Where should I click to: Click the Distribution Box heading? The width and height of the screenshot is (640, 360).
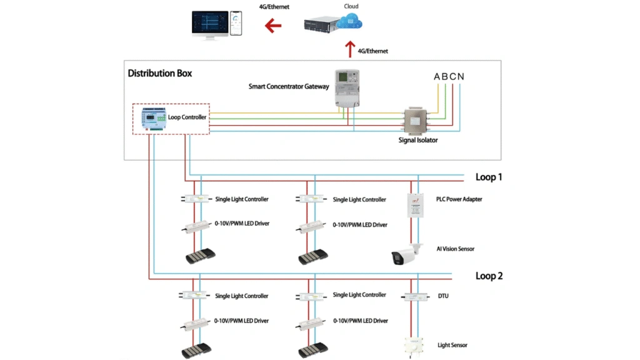[160, 73]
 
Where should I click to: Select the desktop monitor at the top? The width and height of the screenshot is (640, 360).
[209, 24]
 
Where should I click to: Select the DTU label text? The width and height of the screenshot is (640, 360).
[442, 296]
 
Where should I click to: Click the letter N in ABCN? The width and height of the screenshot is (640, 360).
[461, 77]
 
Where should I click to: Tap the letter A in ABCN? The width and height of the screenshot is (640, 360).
[437, 77]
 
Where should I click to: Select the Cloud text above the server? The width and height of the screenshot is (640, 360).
[351, 6]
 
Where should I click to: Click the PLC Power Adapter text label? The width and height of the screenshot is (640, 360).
[459, 199]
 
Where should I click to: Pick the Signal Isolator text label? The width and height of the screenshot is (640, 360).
[418, 141]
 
